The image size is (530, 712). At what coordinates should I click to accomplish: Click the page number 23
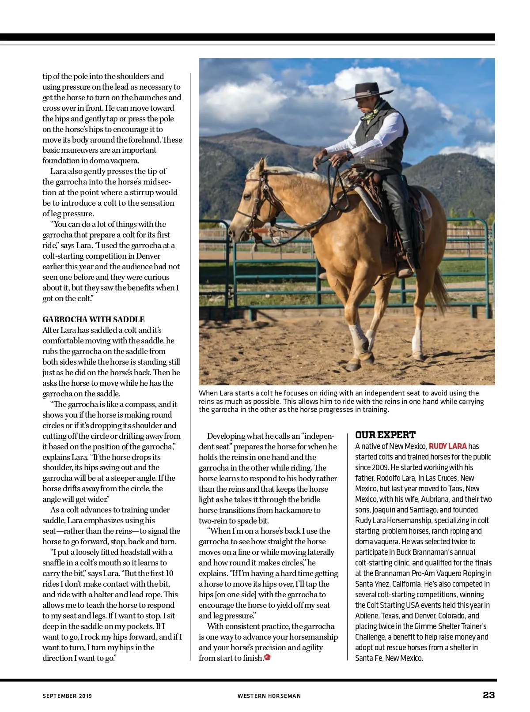tap(488, 695)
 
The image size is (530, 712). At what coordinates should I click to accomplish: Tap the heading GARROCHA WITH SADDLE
tap(94, 320)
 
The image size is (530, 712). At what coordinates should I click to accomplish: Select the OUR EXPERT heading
tap(385, 435)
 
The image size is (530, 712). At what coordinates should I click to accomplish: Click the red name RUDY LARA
tap(447, 446)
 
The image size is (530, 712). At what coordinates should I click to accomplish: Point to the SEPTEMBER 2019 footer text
tap(67, 696)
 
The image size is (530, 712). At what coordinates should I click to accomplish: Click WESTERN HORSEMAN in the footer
tap(269, 696)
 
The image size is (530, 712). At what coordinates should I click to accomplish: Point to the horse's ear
tap(261, 166)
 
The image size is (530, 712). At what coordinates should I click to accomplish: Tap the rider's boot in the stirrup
tap(404, 269)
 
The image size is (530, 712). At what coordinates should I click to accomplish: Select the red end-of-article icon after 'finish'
tap(267, 658)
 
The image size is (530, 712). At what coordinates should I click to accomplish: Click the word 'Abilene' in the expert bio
tap(367, 616)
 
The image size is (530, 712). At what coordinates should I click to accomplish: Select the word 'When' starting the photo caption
tap(207, 393)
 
